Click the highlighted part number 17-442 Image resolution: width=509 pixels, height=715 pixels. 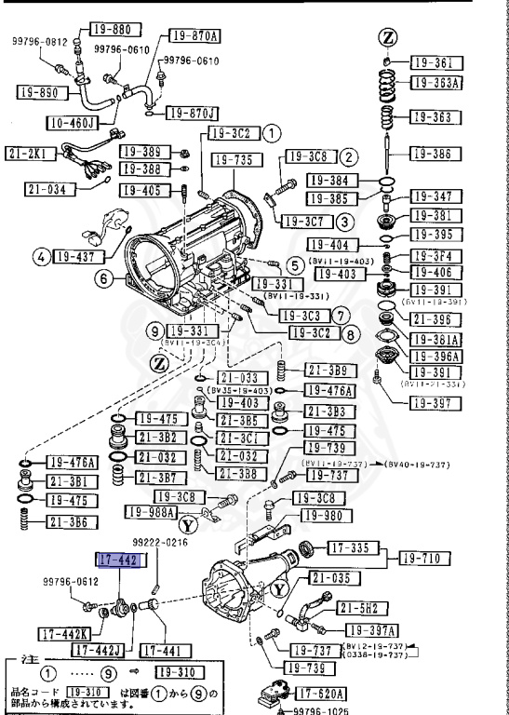[x=118, y=559]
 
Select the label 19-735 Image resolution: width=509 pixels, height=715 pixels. [x=233, y=160]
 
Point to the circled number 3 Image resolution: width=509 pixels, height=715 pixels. [x=343, y=222]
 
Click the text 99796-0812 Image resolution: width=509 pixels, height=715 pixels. [x=40, y=42]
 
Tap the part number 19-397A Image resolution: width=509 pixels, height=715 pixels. [x=368, y=629]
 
